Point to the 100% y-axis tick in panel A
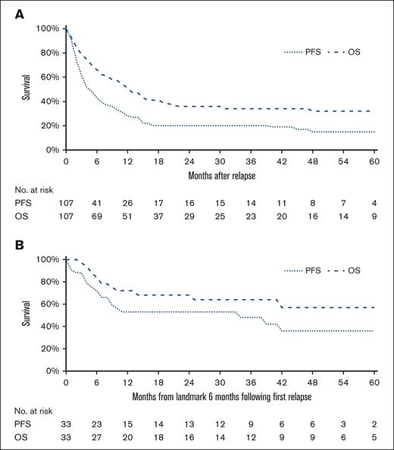(47, 29)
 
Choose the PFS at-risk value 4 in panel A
(374, 205)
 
